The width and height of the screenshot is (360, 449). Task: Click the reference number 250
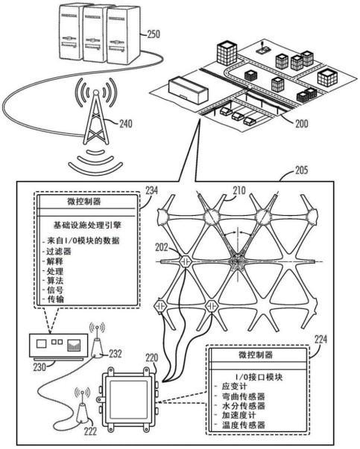pyautogui.click(x=154, y=34)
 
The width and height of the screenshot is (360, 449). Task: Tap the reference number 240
pyautogui.click(x=126, y=124)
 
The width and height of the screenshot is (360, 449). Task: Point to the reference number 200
pyautogui.click(x=302, y=124)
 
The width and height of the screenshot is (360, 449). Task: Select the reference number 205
pyautogui.click(x=302, y=171)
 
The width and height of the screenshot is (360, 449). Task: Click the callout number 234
pyautogui.click(x=151, y=191)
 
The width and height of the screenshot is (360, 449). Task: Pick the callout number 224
pyautogui.click(x=320, y=340)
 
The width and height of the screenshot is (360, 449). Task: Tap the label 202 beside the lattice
pyautogui.click(x=162, y=247)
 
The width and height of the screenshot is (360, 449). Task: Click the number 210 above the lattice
pyautogui.click(x=239, y=190)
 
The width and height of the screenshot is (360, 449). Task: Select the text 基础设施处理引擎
pyautogui.click(x=87, y=225)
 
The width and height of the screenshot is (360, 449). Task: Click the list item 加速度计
pyautogui.click(x=239, y=415)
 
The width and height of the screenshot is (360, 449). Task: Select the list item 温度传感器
pyautogui.click(x=243, y=424)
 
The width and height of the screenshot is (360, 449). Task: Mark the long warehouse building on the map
pyautogui.click(x=188, y=90)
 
